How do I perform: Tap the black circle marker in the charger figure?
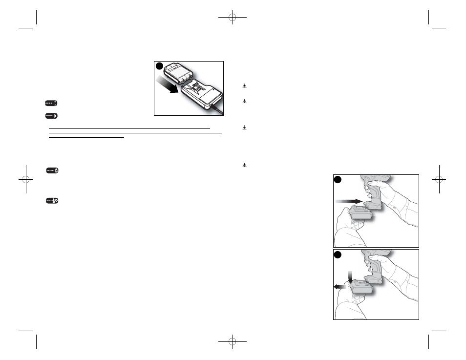click(x=160, y=66)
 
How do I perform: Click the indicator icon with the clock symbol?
click(x=51, y=201)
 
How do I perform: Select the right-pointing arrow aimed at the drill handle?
click(x=349, y=201)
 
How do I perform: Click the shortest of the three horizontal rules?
click(x=86, y=137)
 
